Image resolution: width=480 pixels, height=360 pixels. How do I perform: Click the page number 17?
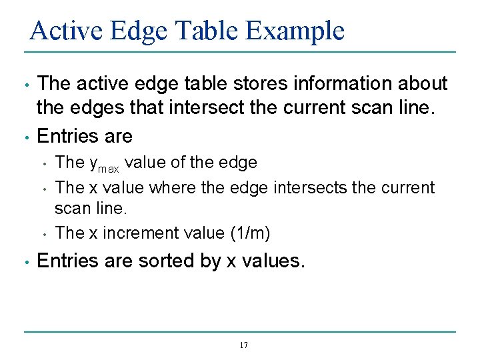[243, 345]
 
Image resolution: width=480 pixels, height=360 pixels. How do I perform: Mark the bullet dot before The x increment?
[43, 233]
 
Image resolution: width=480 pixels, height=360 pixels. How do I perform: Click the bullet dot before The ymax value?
[43, 163]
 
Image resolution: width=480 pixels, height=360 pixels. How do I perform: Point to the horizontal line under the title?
[240, 52]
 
